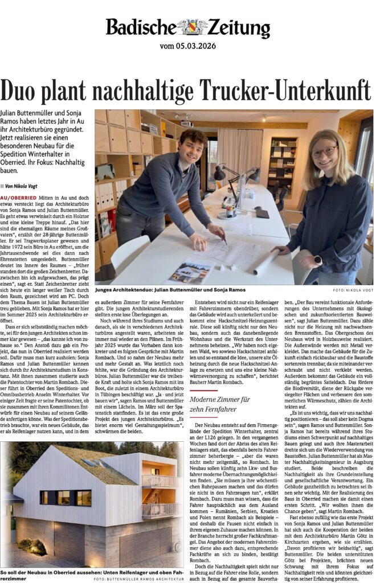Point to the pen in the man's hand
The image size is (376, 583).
223,240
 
